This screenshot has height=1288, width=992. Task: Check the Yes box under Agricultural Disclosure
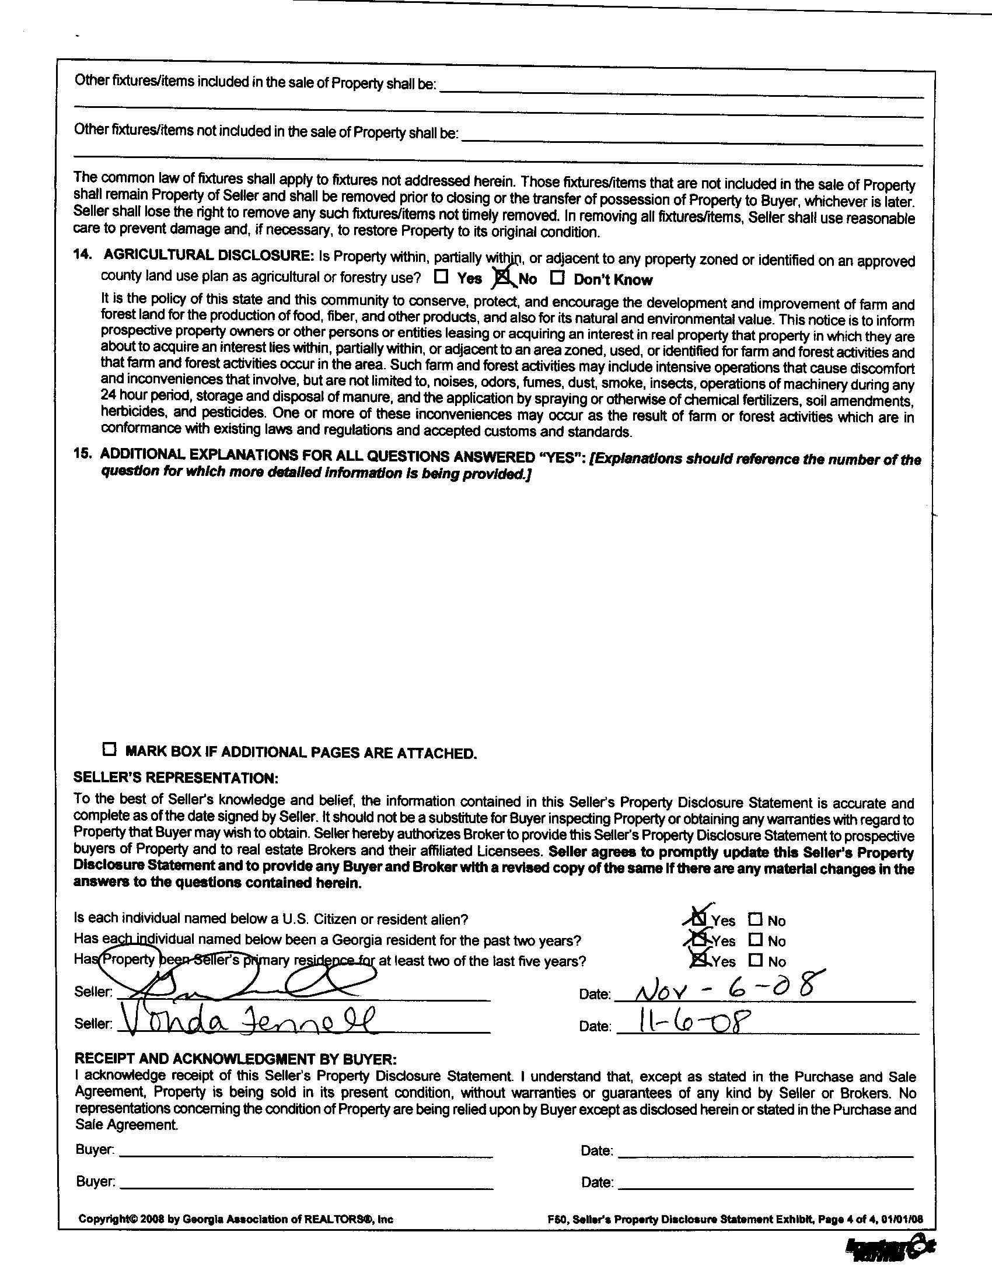tap(442, 276)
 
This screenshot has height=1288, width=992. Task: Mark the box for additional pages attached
tap(109, 750)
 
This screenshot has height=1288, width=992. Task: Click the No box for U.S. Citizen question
tap(756, 919)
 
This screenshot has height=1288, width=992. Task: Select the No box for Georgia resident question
tap(756, 940)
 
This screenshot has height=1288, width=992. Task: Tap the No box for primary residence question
tap(756, 961)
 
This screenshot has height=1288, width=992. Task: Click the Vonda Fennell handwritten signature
tap(247, 1020)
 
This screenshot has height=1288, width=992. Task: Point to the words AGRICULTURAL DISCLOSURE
tap(208, 255)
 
